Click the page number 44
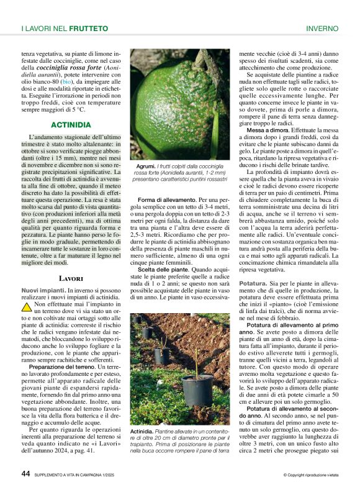pos(25,474)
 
